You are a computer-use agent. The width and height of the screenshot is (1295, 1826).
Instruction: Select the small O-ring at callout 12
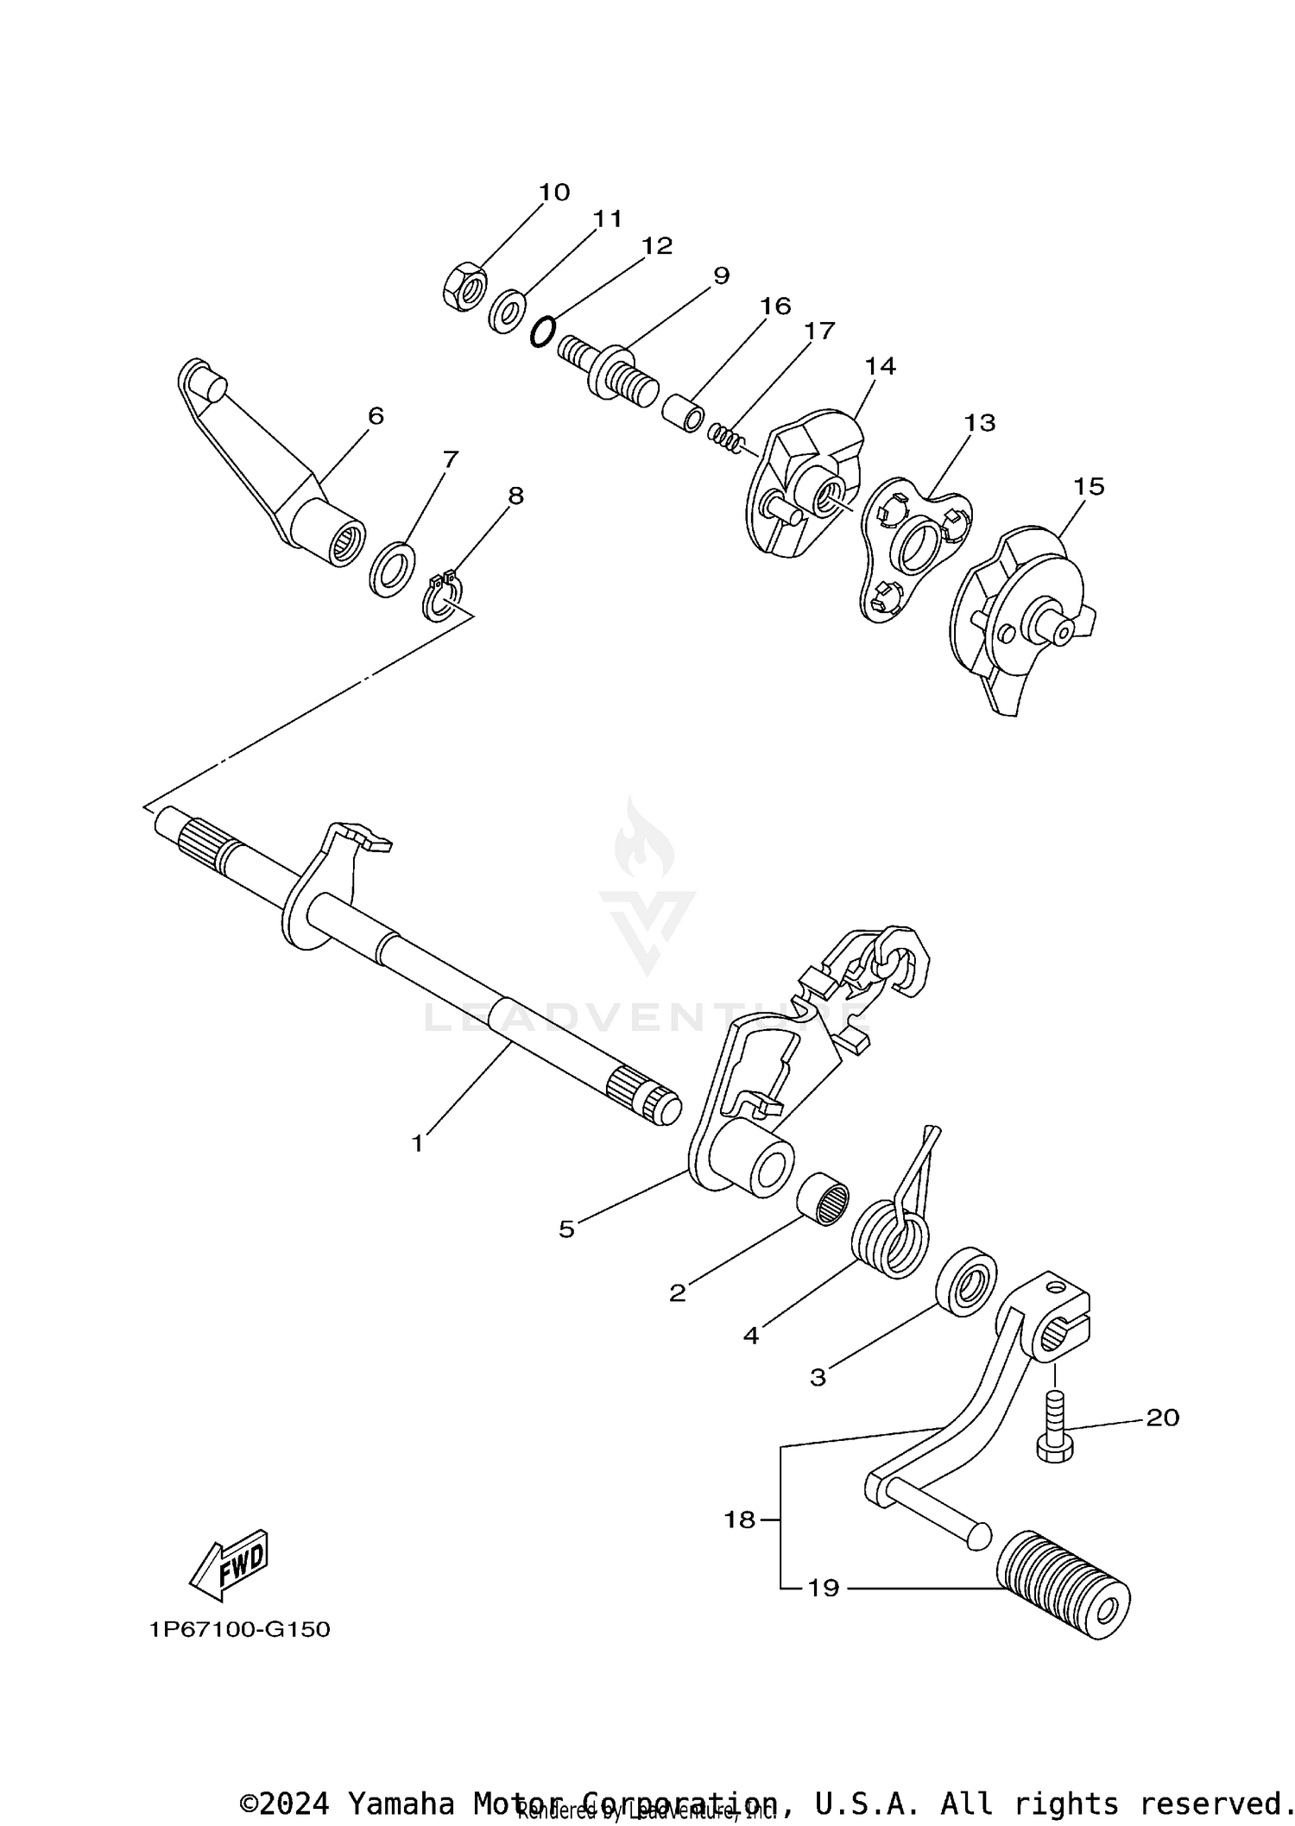(x=541, y=332)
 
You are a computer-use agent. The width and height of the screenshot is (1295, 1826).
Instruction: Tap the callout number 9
(x=721, y=275)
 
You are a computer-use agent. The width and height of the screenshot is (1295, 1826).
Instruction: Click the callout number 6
(x=376, y=415)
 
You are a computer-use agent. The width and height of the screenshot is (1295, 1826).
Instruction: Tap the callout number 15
(x=1089, y=487)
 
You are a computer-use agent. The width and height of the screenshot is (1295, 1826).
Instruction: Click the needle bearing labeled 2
(x=821, y=1201)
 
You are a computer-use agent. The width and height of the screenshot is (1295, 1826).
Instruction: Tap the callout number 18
(x=740, y=1520)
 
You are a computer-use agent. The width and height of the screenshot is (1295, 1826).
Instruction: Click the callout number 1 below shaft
(x=418, y=1144)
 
